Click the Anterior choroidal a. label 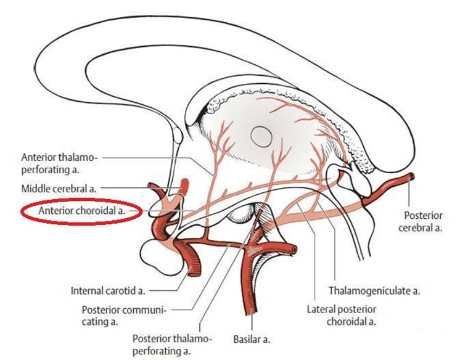(82, 211)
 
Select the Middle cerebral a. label (59, 189)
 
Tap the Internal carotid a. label (108, 291)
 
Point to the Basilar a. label (252, 340)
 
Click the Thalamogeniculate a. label (374, 291)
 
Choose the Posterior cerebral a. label (421, 221)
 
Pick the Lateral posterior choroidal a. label (342, 316)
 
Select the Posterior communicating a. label (124, 316)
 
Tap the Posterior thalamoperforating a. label (172, 345)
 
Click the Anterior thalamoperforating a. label (59, 163)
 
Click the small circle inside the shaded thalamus (261, 136)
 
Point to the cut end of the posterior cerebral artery (412, 176)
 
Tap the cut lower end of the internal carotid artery (194, 271)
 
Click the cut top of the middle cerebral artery (185, 181)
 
